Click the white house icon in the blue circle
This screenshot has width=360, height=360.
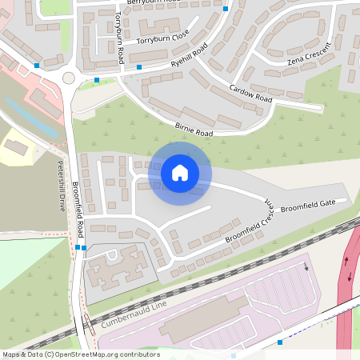(180, 172)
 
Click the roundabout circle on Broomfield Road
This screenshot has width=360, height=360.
(69, 78)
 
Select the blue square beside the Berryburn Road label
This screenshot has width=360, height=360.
(226, 9)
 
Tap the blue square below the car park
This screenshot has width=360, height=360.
(279, 342)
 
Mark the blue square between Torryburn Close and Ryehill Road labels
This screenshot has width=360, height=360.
(140, 67)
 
